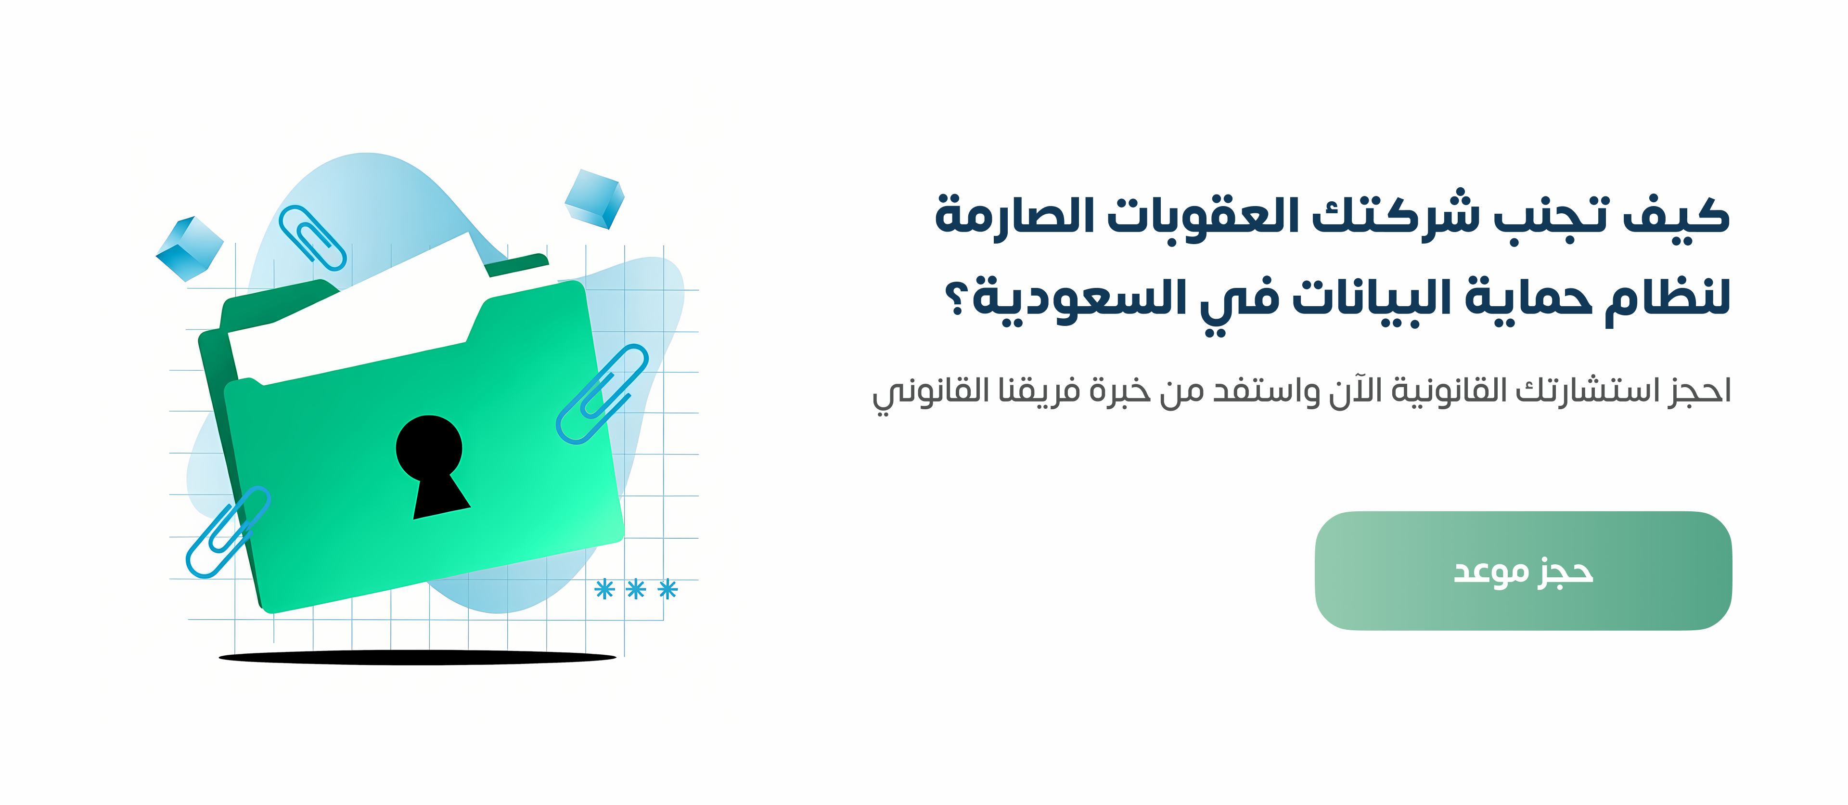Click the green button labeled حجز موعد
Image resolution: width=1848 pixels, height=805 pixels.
point(1523,571)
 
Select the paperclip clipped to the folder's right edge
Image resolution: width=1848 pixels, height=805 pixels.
point(603,393)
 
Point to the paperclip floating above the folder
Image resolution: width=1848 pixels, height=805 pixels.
point(312,237)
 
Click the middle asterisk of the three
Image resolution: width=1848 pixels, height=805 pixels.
point(636,589)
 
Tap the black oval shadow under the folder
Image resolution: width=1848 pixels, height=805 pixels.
point(418,657)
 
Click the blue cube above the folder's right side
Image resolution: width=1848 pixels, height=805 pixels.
point(595,199)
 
